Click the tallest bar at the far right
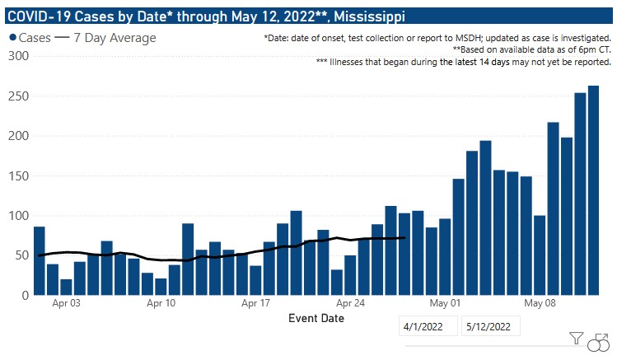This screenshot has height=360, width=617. pyautogui.click(x=593, y=190)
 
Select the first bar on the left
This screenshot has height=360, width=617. pyautogui.click(x=40, y=260)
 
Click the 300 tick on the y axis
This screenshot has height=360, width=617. pyautogui.click(x=18, y=56)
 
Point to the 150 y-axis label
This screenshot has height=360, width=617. pyautogui.click(x=18, y=176)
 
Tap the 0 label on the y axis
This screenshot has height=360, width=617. pyautogui.click(x=25, y=295)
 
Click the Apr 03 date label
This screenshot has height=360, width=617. pyautogui.click(x=67, y=303)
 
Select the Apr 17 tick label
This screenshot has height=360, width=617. pyautogui.click(x=255, y=303)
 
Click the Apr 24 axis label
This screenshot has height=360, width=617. pyautogui.click(x=350, y=303)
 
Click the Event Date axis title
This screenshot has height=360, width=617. pyautogui.click(x=316, y=318)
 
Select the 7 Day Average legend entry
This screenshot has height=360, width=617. pyautogui.click(x=105, y=38)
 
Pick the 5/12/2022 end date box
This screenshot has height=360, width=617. pyautogui.click(x=490, y=327)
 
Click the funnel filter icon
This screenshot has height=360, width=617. pyautogui.click(x=577, y=338)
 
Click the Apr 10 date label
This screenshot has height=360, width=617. pyautogui.click(x=161, y=303)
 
